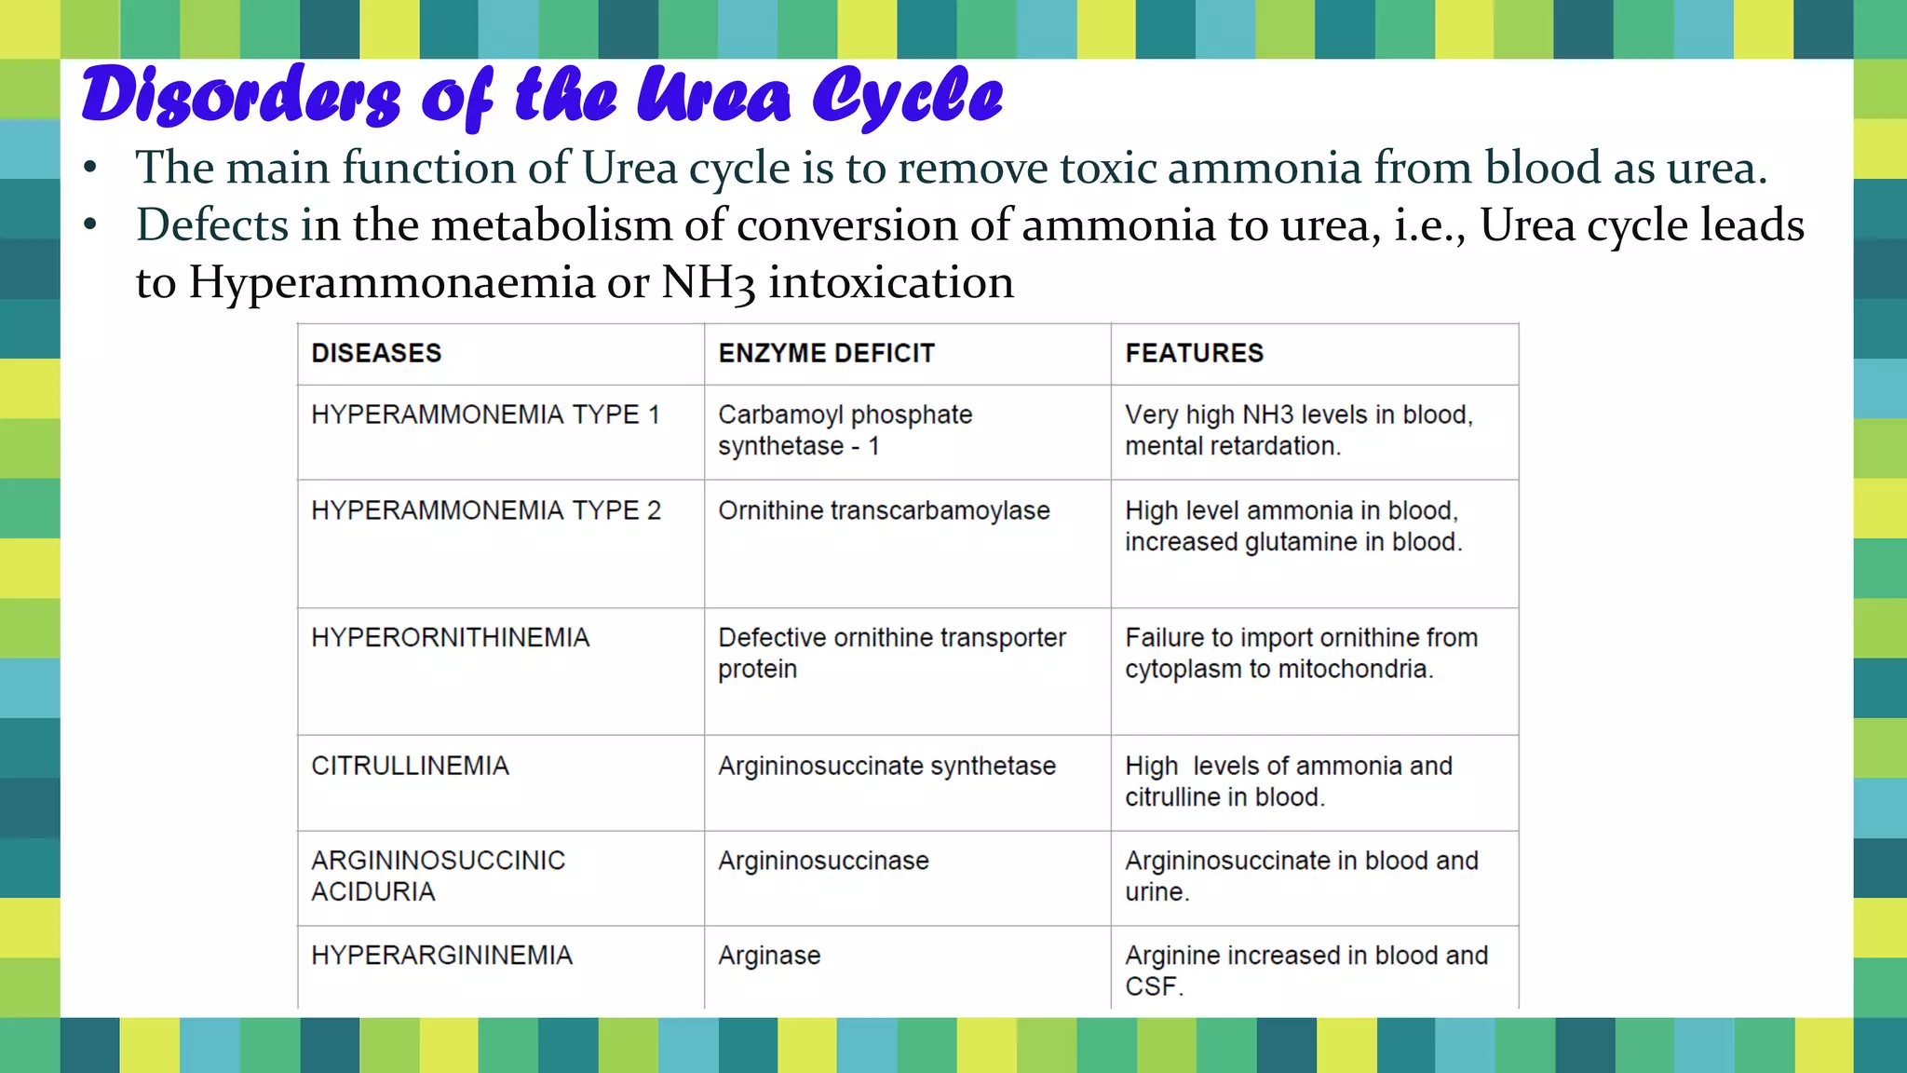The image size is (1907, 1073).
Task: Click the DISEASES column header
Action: (376, 354)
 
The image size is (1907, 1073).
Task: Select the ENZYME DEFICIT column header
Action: (826, 354)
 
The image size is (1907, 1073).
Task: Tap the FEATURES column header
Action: (1194, 354)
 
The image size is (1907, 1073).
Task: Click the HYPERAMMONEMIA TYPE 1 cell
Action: (485, 414)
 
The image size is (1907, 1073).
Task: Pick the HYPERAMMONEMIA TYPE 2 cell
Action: (485, 510)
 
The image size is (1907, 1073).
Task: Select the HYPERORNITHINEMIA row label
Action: (450, 638)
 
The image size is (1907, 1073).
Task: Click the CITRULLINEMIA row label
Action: (410, 766)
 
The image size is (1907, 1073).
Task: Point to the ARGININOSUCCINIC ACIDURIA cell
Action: (438, 876)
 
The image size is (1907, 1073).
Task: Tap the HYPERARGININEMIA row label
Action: (441, 956)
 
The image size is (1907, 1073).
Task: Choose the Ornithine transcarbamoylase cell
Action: (884, 510)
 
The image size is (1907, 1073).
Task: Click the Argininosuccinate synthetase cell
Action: (886, 766)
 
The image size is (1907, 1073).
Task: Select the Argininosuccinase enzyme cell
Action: (823, 861)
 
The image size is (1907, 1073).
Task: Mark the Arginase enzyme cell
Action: (769, 956)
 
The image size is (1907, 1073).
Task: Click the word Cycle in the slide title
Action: (907, 97)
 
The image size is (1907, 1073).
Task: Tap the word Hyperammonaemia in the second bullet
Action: (391, 282)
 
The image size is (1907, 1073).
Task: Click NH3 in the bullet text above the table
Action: (708, 282)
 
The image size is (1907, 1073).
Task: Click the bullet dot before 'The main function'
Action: (90, 168)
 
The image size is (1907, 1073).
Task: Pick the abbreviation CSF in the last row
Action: (1153, 986)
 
